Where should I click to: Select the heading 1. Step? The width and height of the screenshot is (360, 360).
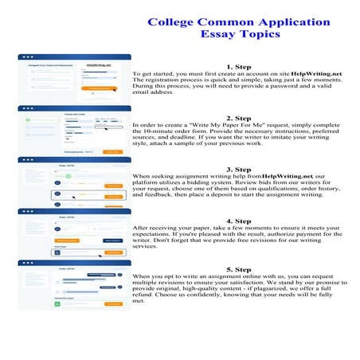pos(239,67)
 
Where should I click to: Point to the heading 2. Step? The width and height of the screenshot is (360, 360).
pos(239,118)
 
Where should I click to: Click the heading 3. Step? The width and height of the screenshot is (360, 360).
pos(239,169)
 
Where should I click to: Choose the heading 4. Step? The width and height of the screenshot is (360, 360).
pos(239,221)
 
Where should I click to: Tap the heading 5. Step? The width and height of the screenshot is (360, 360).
pos(239,270)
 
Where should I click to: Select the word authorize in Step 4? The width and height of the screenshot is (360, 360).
pos(276,233)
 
